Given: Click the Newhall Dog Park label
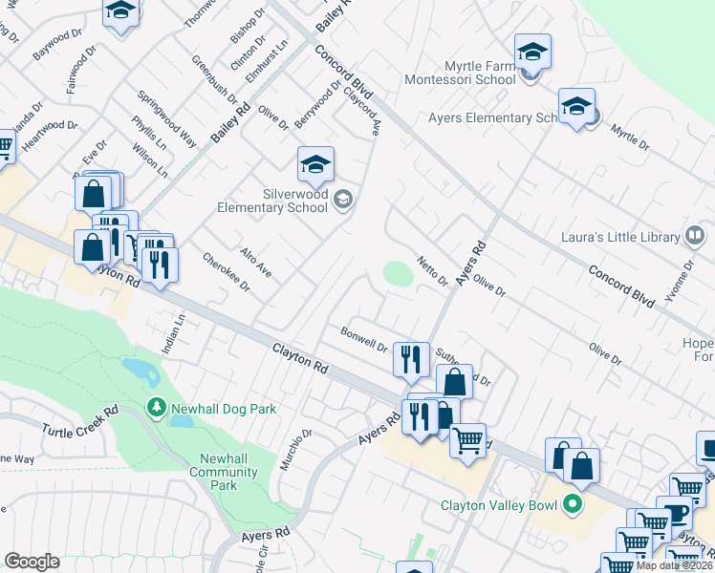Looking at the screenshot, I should point(224,409).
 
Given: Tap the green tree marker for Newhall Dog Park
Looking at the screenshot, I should point(156,408).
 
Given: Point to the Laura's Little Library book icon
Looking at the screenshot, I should point(695,236).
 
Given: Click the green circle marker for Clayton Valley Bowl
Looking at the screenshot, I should point(573,504).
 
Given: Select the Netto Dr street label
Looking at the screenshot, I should point(432,270).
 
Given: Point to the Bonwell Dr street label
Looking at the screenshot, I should point(364,338).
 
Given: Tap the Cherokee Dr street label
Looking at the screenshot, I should point(227,271).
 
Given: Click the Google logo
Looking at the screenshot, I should point(32,562).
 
